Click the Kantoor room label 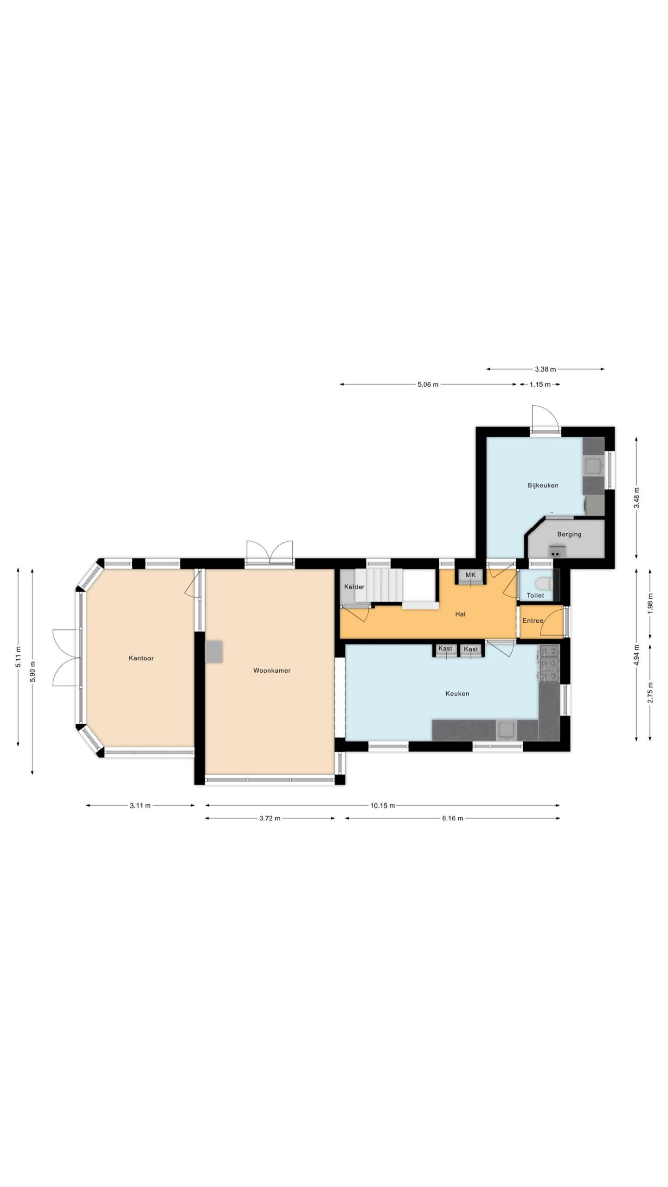(x=141, y=658)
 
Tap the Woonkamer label (x=272, y=670)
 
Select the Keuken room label (x=457, y=694)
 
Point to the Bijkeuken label (x=543, y=485)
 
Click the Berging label (x=569, y=534)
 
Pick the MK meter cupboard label (x=471, y=575)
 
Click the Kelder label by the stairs (x=354, y=587)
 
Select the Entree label (x=533, y=620)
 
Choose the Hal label (x=460, y=614)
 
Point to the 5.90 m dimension (x=32, y=670)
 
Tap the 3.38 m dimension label (x=545, y=370)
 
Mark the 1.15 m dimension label (x=540, y=384)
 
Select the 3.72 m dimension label (x=270, y=818)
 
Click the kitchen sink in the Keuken (x=507, y=730)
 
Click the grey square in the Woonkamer (x=213, y=651)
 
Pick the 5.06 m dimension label (x=428, y=384)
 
